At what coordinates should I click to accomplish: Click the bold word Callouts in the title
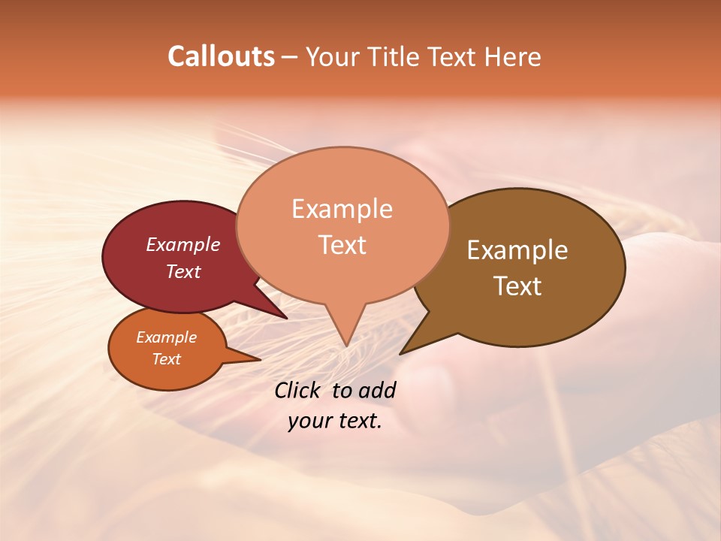coord(221,56)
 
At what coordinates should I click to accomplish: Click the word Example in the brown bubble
coord(517,249)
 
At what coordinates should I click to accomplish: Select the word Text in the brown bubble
coord(517,286)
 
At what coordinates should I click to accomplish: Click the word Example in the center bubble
coord(342,208)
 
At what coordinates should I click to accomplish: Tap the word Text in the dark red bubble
coord(183,271)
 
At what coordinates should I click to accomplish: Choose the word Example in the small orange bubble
coord(167,337)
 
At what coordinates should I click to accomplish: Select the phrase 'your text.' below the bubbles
coord(335,421)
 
